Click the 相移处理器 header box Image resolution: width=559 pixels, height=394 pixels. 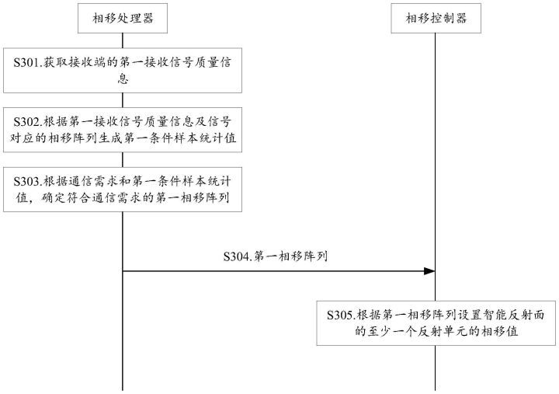pyautogui.click(x=123, y=18)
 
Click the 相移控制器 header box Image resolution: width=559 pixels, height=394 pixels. pyautogui.click(x=436, y=18)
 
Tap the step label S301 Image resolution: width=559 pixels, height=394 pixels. pyautogui.click(x=27, y=63)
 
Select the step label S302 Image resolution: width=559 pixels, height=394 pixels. pyautogui.click(x=27, y=122)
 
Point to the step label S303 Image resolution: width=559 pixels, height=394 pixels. pyautogui.click(x=27, y=181)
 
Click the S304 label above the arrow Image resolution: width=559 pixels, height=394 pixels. pyautogui.click(x=237, y=256)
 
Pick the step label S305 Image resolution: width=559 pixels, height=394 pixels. pyautogui.click(x=341, y=316)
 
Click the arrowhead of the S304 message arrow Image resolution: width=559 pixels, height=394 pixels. pyautogui.click(x=429, y=271)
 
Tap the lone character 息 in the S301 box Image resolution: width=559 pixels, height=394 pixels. pyautogui.click(x=123, y=78)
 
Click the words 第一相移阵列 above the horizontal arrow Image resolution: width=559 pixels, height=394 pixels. pyautogui.click(x=291, y=256)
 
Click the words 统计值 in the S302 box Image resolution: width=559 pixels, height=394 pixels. pyautogui.click(x=217, y=138)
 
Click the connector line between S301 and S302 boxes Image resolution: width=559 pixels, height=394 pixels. pyautogui.click(x=123, y=100)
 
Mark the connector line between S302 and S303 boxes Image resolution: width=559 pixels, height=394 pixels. pyautogui.click(x=123, y=159)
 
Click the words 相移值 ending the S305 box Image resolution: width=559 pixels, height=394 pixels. pyautogui.click(x=499, y=332)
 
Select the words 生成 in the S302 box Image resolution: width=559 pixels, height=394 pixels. pyautogui.click(x=110, y=138)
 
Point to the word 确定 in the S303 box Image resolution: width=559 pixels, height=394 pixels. pyautogui.click(x=54, y=197)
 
